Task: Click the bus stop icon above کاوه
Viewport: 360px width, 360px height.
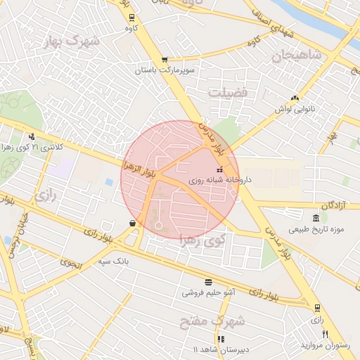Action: [132, 17]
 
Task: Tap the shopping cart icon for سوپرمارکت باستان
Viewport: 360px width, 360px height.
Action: [165, 60]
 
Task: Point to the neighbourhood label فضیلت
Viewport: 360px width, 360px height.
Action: [229, 91]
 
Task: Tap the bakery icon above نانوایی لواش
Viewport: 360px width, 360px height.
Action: [295, 98]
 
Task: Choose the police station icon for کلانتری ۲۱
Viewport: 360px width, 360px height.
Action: [32, 137]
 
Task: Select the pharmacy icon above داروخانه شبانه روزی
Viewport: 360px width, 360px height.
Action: [219, 169]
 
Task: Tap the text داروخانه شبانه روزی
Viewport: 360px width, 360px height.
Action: [215, 181]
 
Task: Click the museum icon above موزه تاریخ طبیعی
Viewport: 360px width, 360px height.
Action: [314, 218]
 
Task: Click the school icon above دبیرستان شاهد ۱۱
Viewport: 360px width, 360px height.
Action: [221, 339]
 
